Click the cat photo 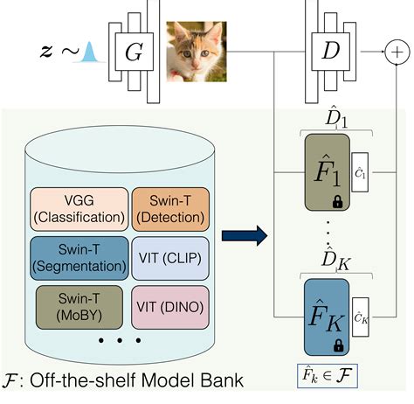(197, 52)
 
